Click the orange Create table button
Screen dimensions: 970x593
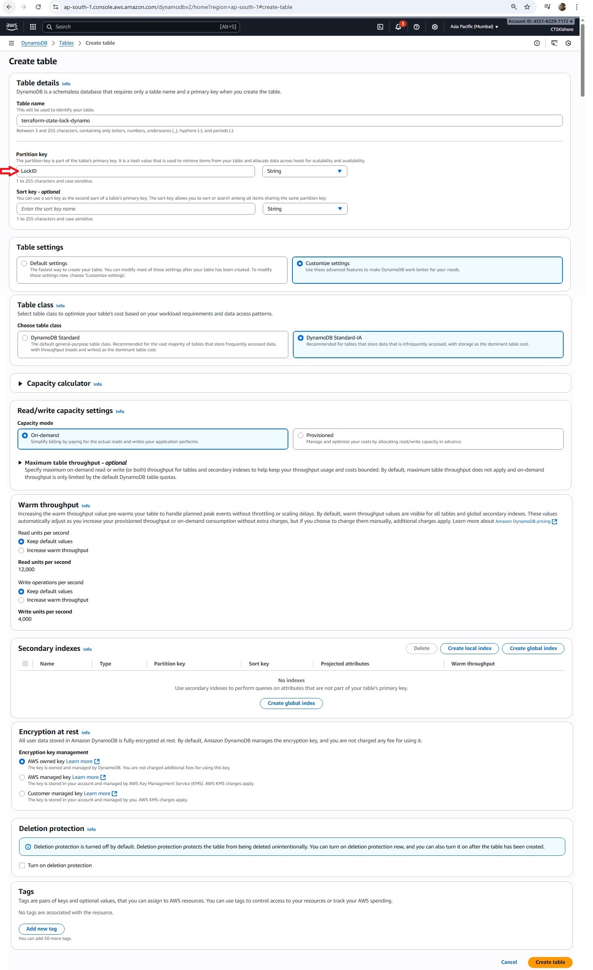point(549,962)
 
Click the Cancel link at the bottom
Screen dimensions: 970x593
point(509,962)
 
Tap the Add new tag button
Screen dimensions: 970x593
point(41,929)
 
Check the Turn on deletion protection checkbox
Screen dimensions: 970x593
point(22,865)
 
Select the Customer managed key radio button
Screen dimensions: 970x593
point(22,793)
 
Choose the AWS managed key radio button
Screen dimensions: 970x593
point(22,777)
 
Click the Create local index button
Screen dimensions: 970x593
point(469,648)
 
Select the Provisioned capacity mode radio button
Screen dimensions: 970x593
point(301,435)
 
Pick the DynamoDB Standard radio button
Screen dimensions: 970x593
point(25,337)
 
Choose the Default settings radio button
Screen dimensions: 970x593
point(24,263)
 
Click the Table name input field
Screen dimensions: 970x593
point(289,120)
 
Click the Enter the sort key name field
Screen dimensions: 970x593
point(136,209)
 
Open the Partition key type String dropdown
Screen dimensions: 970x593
point(304,171)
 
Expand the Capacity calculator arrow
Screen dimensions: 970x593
point(20,383)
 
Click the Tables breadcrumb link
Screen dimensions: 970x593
point(66,43)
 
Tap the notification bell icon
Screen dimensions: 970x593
point(398,27)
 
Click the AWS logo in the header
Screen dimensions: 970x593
point(12,26)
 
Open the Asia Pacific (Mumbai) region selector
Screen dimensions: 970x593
point(474,27)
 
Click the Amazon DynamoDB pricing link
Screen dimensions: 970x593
point(523,521)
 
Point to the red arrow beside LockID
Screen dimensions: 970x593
point(9,171)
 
